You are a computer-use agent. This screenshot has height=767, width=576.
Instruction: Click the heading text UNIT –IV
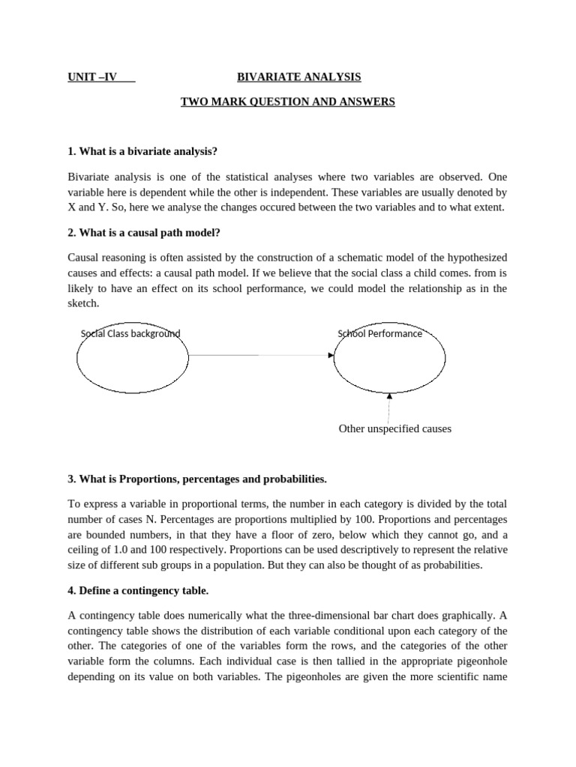pos(92,76)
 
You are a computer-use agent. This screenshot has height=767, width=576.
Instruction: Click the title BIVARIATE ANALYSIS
pos(299,76)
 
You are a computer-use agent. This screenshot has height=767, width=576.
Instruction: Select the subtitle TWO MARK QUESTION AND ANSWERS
pos(287,101)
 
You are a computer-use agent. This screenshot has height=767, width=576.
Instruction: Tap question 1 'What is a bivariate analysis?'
pos(142,151)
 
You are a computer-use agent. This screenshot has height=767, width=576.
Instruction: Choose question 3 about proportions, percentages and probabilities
pos(197,479)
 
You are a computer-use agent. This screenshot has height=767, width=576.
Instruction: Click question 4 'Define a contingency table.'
pos(137,590)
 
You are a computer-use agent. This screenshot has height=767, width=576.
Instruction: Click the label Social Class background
pos(130,333)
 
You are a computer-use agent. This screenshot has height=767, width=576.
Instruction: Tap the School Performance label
pos(380,333)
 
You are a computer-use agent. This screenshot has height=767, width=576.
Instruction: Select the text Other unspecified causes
pos(395,429)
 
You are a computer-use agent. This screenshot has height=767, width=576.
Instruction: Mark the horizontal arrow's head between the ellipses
pos(331,355)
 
